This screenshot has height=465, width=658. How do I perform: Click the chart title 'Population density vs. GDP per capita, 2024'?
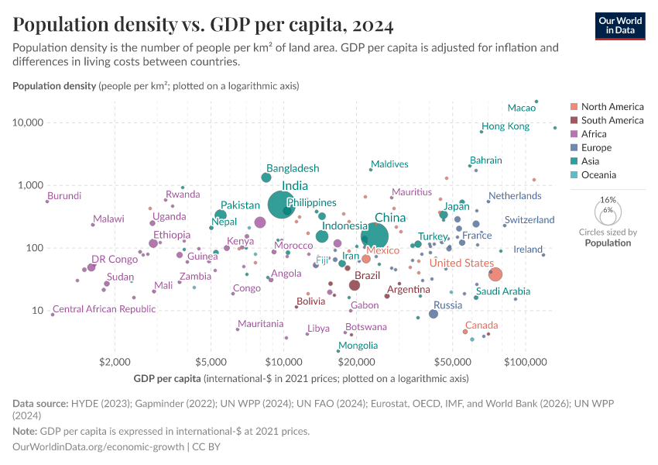click(203, 25)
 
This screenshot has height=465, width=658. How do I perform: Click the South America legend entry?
click(612, 120)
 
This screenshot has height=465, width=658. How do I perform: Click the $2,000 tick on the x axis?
click(115, 362)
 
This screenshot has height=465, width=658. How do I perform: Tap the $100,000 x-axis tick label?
click(526, 362)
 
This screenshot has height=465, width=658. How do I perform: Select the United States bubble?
click(495, 274)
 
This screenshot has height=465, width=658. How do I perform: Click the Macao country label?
click(521, 108)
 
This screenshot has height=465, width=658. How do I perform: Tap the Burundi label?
click(64, 196)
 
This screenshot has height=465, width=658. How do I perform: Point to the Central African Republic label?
click(105, 309)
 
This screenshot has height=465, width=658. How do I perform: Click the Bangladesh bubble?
click(266, 177)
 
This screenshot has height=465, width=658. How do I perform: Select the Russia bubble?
click(434, 314)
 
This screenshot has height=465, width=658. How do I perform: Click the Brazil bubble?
click(355, 285)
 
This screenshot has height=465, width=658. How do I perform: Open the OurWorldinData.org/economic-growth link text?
click(98, 447)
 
